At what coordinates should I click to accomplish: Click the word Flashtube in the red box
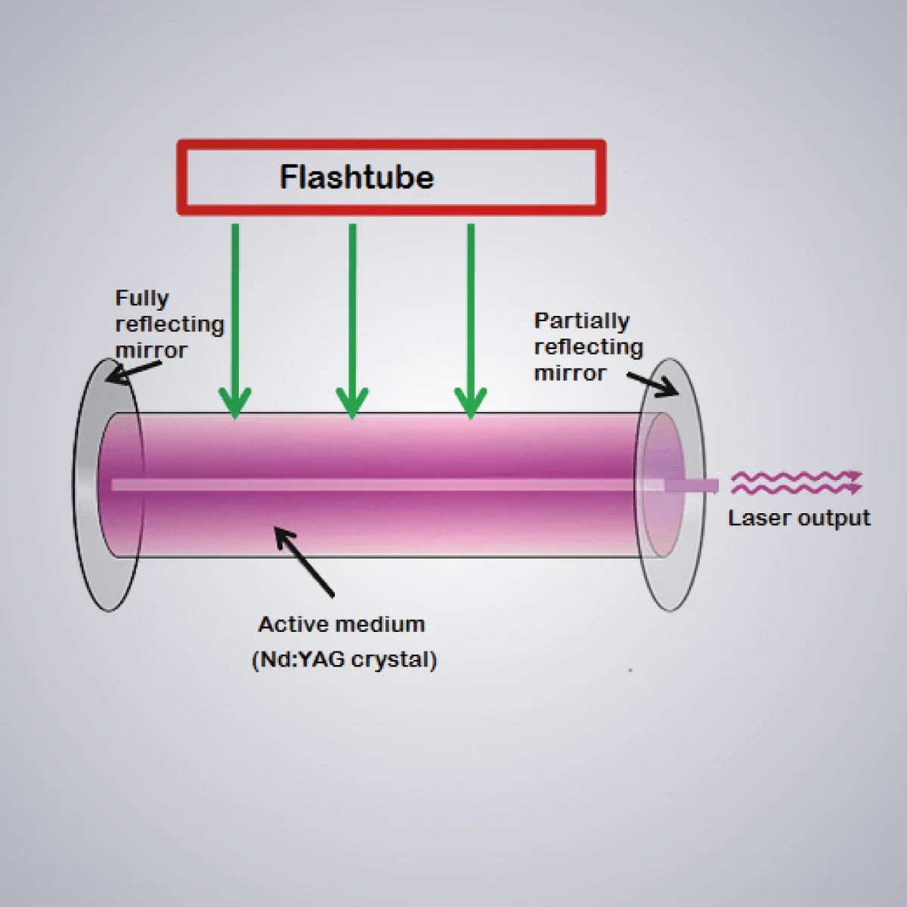(356, 177)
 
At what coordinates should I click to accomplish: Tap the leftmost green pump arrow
(235, 321)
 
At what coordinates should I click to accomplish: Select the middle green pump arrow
(352, 321)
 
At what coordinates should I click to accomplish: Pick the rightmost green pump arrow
(471, 321)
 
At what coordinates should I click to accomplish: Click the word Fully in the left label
(141, 299)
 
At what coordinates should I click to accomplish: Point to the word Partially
(582, 321)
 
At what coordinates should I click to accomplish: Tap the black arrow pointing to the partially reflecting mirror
(652, 384)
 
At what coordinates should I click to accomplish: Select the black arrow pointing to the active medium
(304, 562)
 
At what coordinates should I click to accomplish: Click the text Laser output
(799, 519)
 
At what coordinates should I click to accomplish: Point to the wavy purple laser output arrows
(797, 482)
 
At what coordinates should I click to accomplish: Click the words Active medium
(342, 624)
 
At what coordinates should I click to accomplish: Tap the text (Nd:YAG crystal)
(345, 659)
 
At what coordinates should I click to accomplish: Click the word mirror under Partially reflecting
(570, 373)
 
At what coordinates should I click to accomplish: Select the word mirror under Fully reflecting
(151, 350)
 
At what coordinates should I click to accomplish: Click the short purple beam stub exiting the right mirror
(692, 485)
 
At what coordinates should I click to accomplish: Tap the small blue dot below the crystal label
(630, 670)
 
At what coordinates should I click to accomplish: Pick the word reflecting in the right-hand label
(588, 348)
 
